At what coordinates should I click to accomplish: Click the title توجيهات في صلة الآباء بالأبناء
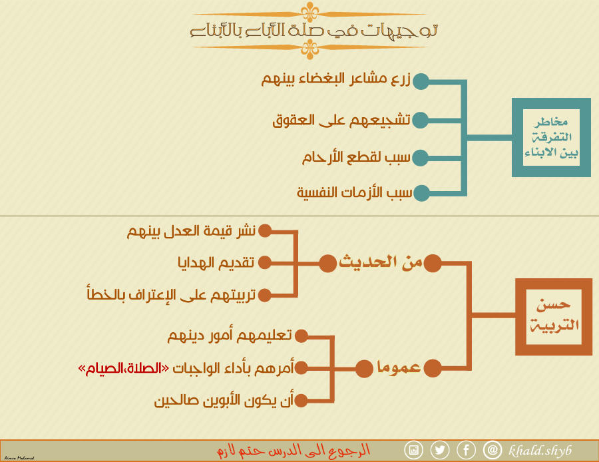point(313,31)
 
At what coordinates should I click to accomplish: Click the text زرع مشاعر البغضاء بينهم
point(336,79)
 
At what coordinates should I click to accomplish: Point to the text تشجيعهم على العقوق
point(341,120)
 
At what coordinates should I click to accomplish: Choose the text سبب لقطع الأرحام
point(357,157)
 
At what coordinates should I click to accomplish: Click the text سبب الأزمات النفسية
point(355,192)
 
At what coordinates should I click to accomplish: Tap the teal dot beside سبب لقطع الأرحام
point(421,158)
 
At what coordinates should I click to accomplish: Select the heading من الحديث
point(381,262)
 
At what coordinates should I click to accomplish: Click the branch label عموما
point(399,367)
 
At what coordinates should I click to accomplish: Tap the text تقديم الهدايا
point(216,263)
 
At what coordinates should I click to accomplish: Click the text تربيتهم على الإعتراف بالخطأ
point(171,295)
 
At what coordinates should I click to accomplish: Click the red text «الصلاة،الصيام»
point(123,368)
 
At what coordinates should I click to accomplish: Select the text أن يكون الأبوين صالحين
point(224,401)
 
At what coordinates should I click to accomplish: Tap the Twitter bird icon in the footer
point(440,450)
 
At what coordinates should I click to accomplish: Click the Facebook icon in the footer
point(466,450)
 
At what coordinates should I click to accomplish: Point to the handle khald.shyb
point(540,451)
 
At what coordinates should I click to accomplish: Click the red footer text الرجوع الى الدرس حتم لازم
point(294,451)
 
